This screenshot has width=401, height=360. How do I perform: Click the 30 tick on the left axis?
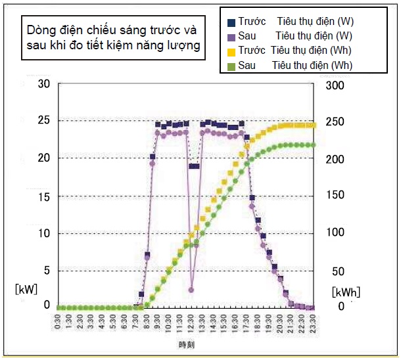[x=44, y=84]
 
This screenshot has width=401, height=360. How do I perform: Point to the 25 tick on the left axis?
[x=44, y=121]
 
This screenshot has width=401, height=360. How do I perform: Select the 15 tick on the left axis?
[x=44, y=195]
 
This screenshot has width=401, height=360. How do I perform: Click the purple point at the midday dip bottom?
[x=191, y=289]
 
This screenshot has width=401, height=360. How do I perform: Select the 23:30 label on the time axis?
[x=312, y=323]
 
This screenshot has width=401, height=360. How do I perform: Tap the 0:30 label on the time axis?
[x=60, y=323]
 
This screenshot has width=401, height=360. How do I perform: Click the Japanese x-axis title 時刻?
[x=187, y=344]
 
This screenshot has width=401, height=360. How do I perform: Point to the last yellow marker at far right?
[x=313, y=125]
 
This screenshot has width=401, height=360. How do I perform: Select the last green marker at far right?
[x=313, y=145]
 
